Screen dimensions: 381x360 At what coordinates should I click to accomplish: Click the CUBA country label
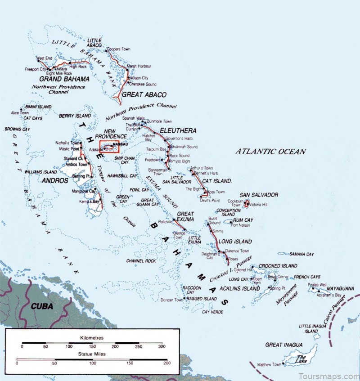42,306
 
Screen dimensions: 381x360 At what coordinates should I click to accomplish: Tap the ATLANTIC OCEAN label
270,152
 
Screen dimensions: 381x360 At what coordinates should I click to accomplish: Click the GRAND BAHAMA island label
64,79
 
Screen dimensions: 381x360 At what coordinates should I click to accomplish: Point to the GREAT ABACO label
144,94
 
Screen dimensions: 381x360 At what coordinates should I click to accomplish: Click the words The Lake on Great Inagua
300,359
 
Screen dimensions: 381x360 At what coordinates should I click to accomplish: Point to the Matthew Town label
269,364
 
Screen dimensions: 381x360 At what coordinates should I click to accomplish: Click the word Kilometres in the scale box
91,336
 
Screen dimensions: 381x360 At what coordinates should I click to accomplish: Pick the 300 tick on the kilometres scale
161,347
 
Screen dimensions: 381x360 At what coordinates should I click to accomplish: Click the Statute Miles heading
91,354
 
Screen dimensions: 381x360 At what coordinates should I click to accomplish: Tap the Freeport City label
36,70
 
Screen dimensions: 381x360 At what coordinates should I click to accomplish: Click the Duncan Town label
171,299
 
